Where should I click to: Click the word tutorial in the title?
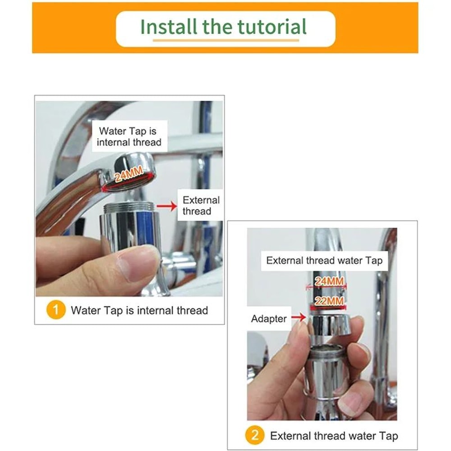pyautogui.click(x=272, y=27)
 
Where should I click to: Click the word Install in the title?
pyautogui.click(x=169, y=27)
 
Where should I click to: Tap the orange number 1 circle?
pyautogui.click(x=56, y=310)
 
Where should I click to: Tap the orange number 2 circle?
pyautogui.click(x=255, y=435)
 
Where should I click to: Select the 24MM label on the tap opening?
pyautogui.click(x=129, y=174)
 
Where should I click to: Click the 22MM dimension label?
pyautogui.click(x=329, y=301)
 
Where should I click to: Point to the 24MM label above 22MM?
pyautogui.click(x=329, y=281)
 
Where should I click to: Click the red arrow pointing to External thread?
pyautogui.click(x=167, y=206)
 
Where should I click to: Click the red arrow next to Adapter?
pyautogui.click(x=299, y=317)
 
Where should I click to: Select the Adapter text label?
pyautogui.click(x=269, y=319)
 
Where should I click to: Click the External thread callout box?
pyautogui.click(x=201, y=205)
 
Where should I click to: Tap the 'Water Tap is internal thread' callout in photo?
pyautogui.click(x=129, y=136)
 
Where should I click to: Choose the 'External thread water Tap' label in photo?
pyautogui.click(x=324, y=261)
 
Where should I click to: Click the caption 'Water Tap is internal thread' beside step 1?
pyautogui.click(x=139, y=310)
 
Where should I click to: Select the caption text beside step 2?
pyautogui.click(x=334, y=436)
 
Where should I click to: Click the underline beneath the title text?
pyautogui.click(x=226, y=41)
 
